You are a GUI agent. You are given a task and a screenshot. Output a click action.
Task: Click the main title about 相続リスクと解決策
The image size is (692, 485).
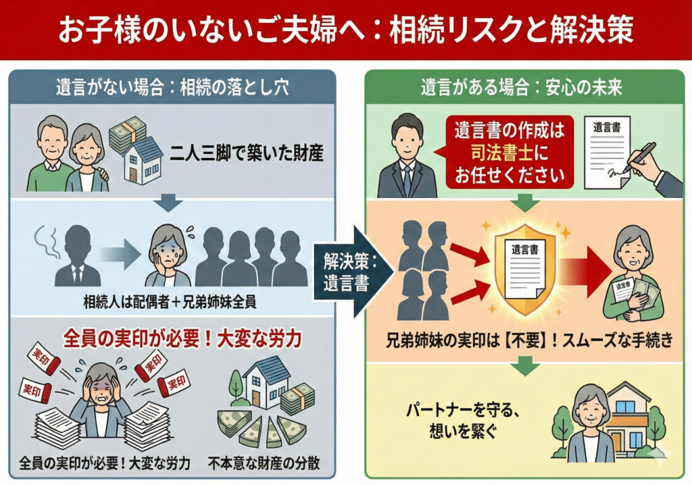pyautogui.click(x=346, y=30)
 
